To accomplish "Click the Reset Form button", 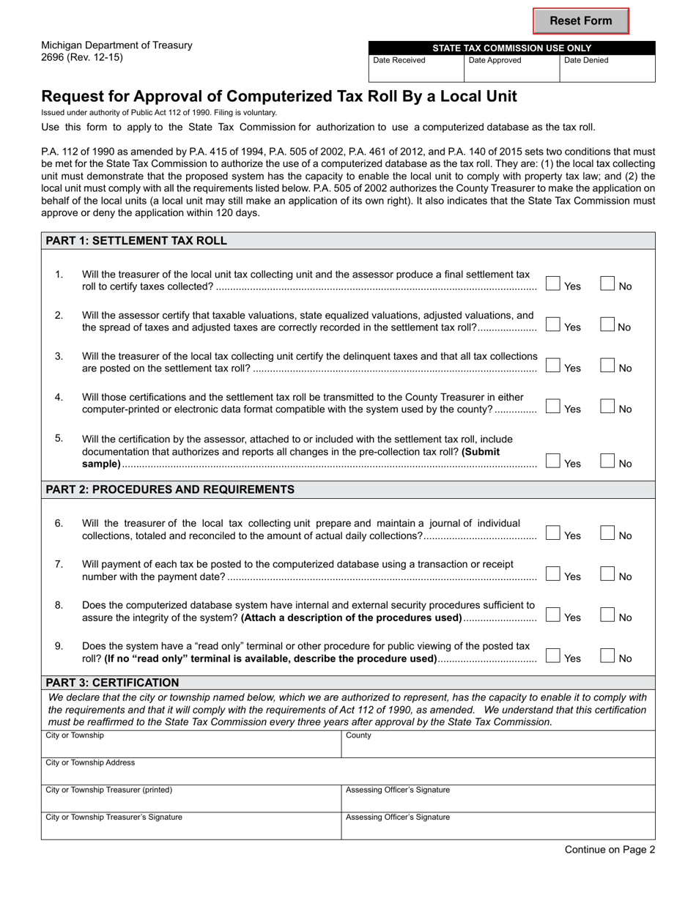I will click(580, 21).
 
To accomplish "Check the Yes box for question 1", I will click(554, 284).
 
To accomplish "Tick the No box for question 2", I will click(608, 325).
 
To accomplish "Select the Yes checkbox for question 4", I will click(554, 407).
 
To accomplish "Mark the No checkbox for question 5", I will click(608, 461).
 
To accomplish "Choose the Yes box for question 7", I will click(554, 575).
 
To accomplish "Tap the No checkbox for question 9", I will click(608, 657).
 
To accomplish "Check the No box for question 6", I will click(608, 534).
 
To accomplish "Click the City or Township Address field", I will click(348, 774).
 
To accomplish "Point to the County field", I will click(498, 747).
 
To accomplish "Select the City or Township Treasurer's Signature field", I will click(190, 828).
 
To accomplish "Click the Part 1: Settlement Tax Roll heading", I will click(136, 241).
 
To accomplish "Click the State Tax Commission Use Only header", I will click(511, 48).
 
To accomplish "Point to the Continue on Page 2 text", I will click(610, 850).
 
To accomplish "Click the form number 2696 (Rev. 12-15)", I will click(82, 58).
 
